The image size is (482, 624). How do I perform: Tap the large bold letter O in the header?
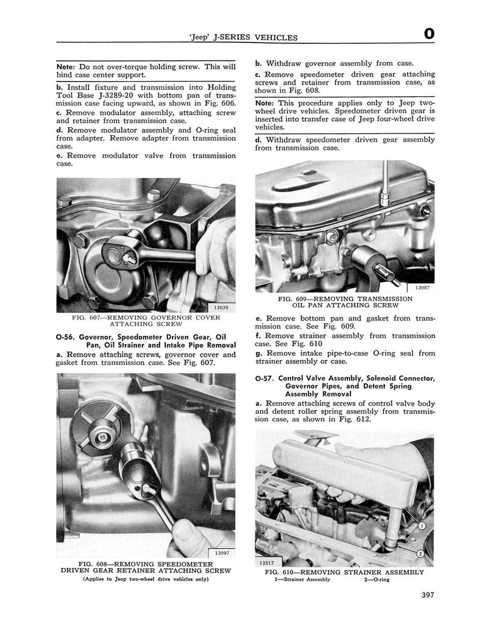pos(429,35)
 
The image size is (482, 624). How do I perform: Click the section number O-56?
pos(66,337)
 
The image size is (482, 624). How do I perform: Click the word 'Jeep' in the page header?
pos(202,38)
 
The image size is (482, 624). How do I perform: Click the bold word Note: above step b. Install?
pos(65,66)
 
